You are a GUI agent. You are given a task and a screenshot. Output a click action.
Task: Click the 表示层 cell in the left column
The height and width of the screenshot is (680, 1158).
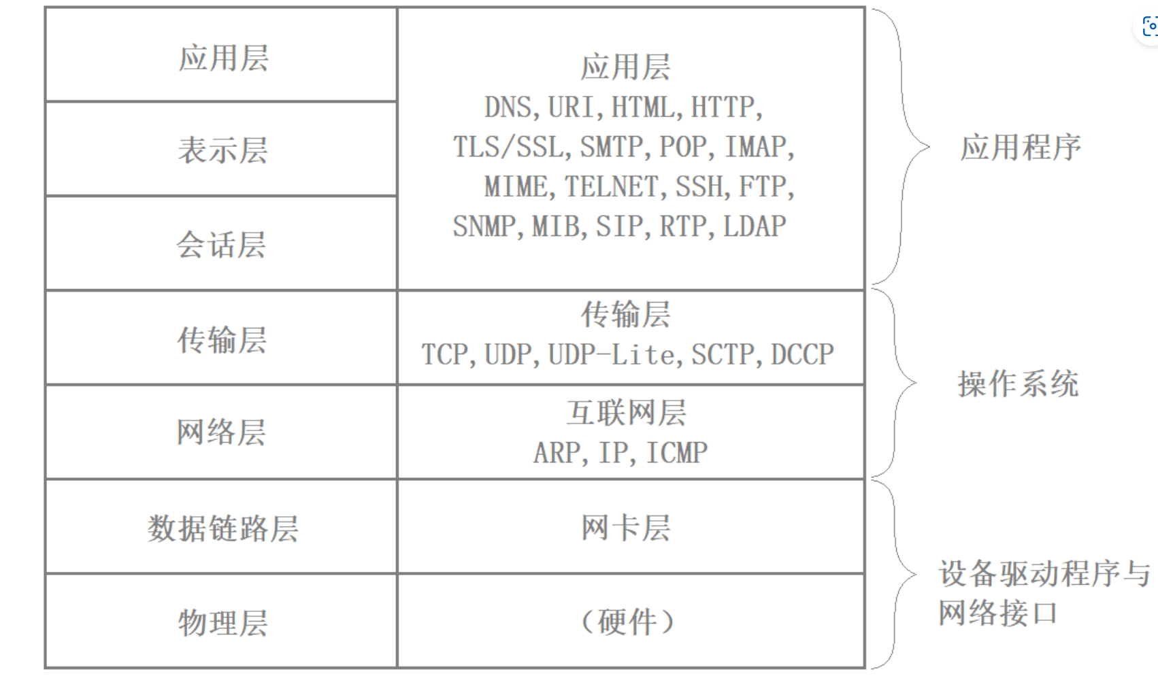click(222, 150)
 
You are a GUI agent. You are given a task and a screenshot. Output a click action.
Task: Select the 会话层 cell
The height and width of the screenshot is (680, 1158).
click(221, 244)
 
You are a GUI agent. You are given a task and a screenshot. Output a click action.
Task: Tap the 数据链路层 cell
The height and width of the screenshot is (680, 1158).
click(222, 528)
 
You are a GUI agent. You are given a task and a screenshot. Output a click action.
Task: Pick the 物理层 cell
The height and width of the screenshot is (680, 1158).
click(222, 622)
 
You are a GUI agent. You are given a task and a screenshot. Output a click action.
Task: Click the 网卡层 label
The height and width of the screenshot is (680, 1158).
click(626, 528)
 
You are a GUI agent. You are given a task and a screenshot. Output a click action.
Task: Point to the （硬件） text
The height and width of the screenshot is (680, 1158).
click(627, 622)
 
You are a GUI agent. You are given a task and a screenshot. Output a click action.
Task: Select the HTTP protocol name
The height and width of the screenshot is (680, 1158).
click(723, 107)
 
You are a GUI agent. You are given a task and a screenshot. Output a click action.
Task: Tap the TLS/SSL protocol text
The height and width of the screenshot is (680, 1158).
click(508, 147)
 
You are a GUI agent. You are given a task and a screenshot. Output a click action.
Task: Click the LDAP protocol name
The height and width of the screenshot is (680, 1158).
click(755, 226)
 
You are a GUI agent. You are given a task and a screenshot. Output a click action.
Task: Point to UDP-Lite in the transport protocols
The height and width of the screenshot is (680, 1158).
click(611, 354)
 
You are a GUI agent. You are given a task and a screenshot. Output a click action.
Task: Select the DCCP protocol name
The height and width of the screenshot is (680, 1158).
click(802, 354)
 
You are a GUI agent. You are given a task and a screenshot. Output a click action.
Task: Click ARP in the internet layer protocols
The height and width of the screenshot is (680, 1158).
click(557, 453)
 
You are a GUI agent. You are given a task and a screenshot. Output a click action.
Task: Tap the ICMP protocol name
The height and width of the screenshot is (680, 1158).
click(676, 453)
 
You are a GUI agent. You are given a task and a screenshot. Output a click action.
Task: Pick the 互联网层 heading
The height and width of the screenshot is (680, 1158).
click(626, 413)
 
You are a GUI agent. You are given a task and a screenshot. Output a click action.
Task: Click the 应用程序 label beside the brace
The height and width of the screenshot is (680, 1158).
click(1020, 148)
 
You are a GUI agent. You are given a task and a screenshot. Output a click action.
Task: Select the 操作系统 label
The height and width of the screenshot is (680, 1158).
click(1018, 384)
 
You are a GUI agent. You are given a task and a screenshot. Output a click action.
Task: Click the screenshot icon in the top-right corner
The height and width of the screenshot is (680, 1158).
click(1149, 27)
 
